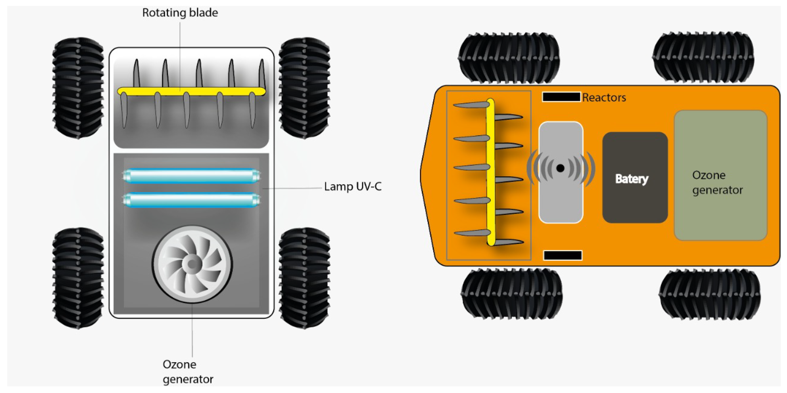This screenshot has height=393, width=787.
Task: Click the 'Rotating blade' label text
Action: pyautogui.click(x=180, y=13)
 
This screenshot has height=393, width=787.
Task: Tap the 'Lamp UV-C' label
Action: pyautogui.click(x=353, y=186)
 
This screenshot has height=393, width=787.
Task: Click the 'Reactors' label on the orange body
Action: pyautogui.click(x=604, y=97)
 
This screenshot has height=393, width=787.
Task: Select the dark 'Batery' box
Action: pyautogui.click(x=635, y=178)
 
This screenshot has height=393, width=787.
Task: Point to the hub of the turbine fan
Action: pyautogui.click(x=192, y=264)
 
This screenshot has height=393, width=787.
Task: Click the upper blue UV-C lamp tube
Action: pyautogui.click(x=191, y=176)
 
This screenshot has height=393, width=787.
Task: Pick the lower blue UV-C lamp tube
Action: pyautogui.click(x=191, y=200)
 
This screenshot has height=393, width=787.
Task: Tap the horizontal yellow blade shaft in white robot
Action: pyautogui.click(x=191, y=91)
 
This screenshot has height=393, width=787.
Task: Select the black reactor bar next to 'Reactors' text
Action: pyautogui.click(x=561, y=97)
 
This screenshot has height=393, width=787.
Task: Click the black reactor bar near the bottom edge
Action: pyautogui.click(x=563, y=255)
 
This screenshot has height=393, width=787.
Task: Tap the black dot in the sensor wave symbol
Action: pyautogui.click(x=560, y=168)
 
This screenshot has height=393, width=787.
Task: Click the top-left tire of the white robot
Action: pyautogui.click(x=78, y=88)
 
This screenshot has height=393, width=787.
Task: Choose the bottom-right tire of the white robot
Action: pyautogui.click(x=304, y=278)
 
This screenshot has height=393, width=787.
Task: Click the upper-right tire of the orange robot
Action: pyautogui.click(x=703, y=57)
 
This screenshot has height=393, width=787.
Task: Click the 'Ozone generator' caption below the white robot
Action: pyautogui.click(x=188, y=372)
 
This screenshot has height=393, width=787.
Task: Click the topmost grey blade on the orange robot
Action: pyautogui.click(x=471, y=105)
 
